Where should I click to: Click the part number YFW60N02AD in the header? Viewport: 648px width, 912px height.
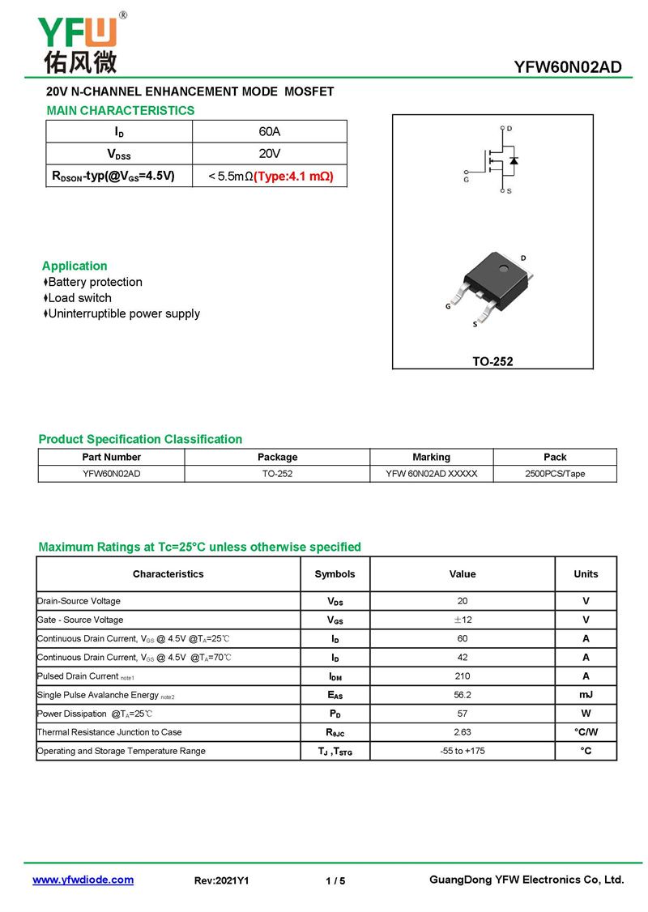567,67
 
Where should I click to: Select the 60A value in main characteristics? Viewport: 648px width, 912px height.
269,131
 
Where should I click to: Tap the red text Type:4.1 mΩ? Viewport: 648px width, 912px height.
293,176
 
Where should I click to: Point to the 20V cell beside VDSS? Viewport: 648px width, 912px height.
269,153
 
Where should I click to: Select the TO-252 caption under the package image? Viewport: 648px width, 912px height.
492,361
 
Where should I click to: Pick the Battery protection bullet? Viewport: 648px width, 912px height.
94,282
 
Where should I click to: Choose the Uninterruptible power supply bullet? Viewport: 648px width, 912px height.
123,313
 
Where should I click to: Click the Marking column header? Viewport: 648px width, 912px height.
431,457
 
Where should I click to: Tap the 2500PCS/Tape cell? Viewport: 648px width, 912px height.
555,474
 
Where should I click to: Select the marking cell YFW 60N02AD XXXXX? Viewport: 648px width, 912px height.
431,474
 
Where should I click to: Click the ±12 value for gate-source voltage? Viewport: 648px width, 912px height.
463,620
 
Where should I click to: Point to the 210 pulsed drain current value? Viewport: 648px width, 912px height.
463,675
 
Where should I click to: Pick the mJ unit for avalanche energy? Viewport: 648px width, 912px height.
586,694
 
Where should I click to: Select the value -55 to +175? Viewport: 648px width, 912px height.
463,751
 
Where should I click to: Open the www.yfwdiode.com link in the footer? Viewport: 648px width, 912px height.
83,880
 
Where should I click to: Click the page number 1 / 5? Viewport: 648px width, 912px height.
335,880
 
